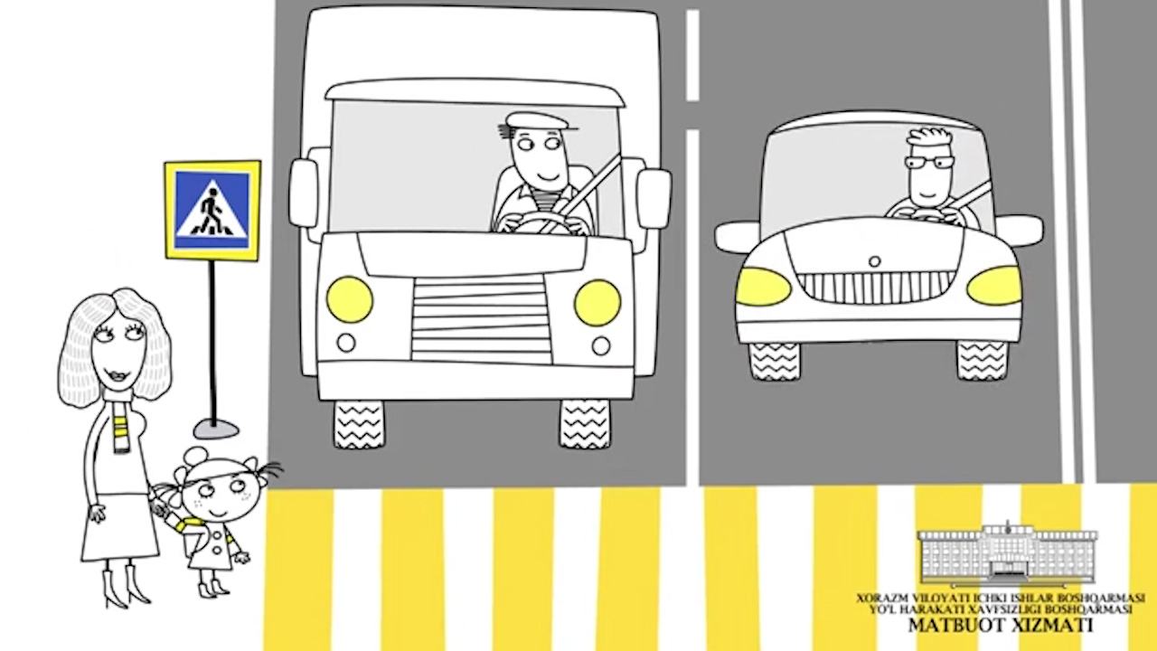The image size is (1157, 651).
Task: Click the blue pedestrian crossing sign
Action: pos(212,211)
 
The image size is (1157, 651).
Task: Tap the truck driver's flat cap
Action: pos(536,122)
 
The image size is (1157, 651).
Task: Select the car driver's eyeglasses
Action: pos(929,164)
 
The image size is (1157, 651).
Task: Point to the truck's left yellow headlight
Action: pos(349,299)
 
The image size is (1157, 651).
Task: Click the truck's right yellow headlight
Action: pos(597,303)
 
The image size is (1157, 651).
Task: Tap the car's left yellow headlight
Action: pos(763,287)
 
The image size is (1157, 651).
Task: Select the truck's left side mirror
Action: pos(304,193)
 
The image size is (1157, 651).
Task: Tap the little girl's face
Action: pos(222,495)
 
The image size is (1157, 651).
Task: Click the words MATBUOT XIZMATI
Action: pos(1001,625)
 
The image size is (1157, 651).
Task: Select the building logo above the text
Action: pos(1007,555)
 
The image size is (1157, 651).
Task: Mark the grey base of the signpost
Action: pos(216,429)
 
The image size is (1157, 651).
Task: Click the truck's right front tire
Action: pos(585,424)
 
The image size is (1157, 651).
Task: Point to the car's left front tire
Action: pos(775,361)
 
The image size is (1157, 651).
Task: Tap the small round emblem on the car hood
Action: pos(874,261)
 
